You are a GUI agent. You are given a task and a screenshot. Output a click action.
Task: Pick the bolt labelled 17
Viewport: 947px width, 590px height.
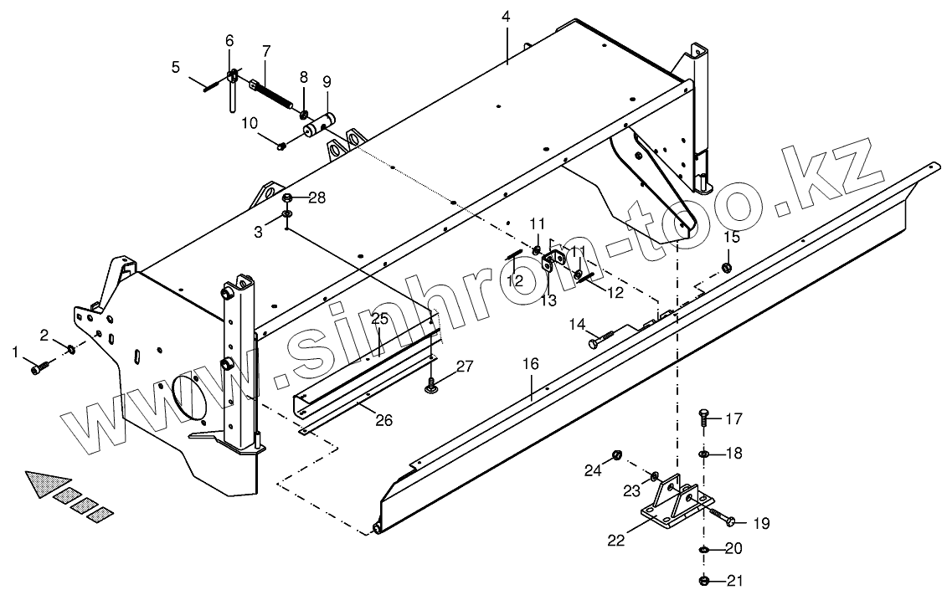click(703, 416)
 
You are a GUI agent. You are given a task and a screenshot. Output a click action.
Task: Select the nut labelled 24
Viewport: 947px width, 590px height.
click(618, 455)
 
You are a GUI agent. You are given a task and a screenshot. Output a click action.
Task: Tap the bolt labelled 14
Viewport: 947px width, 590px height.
click(600, 338)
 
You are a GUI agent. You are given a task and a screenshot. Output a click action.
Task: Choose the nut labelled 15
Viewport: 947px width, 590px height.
click(727, 267)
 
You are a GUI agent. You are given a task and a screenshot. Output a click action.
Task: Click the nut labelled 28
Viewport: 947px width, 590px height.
click(287, 198)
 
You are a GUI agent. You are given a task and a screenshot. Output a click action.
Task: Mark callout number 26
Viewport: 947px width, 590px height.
click(383, 420)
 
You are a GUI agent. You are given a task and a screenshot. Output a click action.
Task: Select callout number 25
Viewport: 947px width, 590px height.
click(379, 320)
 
